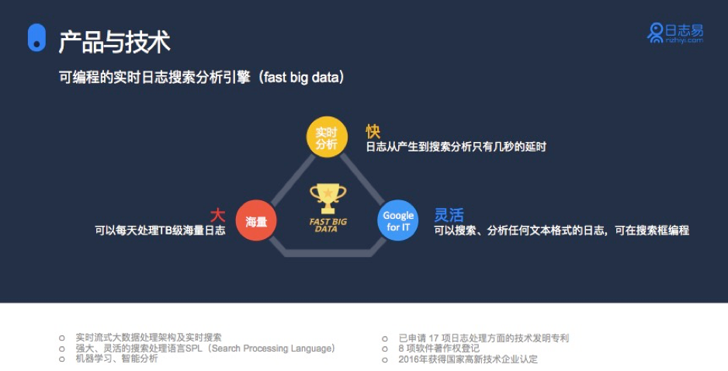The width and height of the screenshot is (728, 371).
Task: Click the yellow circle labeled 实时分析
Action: (x=327, y=137)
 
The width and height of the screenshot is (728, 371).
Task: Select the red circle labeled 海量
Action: (x=256, y=220)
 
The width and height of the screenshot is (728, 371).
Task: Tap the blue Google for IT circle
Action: (x=398, y=220)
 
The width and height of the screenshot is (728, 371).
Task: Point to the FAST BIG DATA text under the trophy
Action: (x=328, y=225)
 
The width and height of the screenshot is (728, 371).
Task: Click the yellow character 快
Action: (x=373, y=131)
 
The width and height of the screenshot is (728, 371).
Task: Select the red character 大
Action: (x=218, y=215)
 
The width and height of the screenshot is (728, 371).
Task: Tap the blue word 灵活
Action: (x=449, y=215)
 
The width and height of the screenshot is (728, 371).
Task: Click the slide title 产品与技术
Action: (x=115, y=42)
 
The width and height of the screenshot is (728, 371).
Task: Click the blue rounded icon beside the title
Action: (x=36, y=37)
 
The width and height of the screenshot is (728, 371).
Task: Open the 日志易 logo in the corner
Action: (x=675, y=33)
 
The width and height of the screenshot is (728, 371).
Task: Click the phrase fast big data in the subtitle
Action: (x=302, y=77)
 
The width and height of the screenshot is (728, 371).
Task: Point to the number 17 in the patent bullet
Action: (x=434, y=338)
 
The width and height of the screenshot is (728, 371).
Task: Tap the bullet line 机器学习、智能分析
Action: (x=116, y=359)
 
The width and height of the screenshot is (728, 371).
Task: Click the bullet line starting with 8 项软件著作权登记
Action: (x=439, y=348)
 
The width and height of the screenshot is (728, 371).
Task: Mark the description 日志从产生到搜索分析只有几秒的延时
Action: (x=456, y=147)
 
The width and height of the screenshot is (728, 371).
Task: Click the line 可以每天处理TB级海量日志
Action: (x=160, y=231)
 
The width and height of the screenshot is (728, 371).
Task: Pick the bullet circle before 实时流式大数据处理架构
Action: (x=62, y=338)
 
